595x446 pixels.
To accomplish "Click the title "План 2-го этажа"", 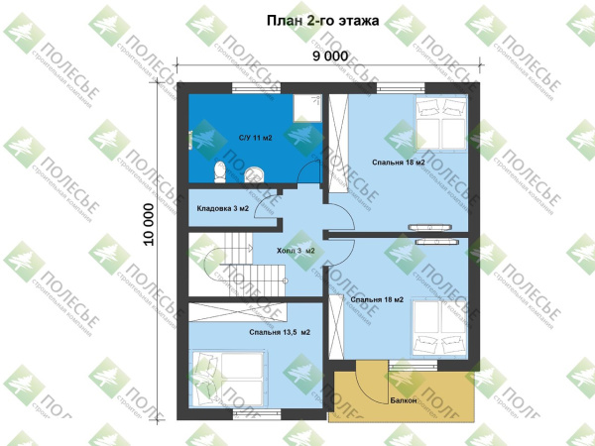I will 322,20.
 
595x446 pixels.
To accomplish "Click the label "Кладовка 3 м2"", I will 223,209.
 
